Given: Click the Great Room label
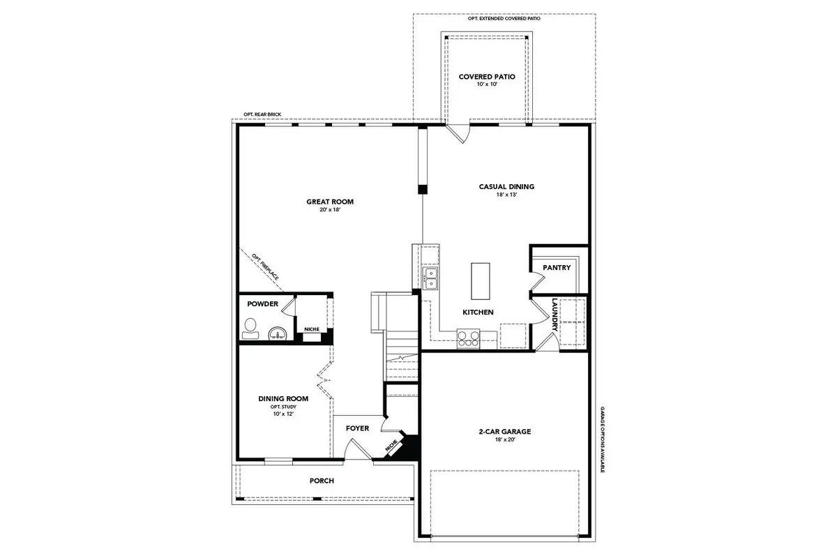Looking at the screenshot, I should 330,202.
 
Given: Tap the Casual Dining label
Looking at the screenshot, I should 506,186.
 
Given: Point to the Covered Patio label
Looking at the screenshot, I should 486,77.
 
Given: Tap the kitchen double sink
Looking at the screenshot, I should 430,278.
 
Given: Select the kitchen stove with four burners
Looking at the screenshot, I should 469,339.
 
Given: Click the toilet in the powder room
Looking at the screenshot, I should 250,329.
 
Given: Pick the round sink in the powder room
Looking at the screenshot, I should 278,334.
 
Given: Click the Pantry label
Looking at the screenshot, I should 557,268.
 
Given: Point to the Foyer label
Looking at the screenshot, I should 357,428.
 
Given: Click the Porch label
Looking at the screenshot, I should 322,481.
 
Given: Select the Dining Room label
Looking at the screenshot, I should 283,399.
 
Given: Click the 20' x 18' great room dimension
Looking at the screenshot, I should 330,210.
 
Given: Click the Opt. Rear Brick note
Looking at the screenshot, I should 257,115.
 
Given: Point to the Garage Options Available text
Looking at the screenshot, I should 602,439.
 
